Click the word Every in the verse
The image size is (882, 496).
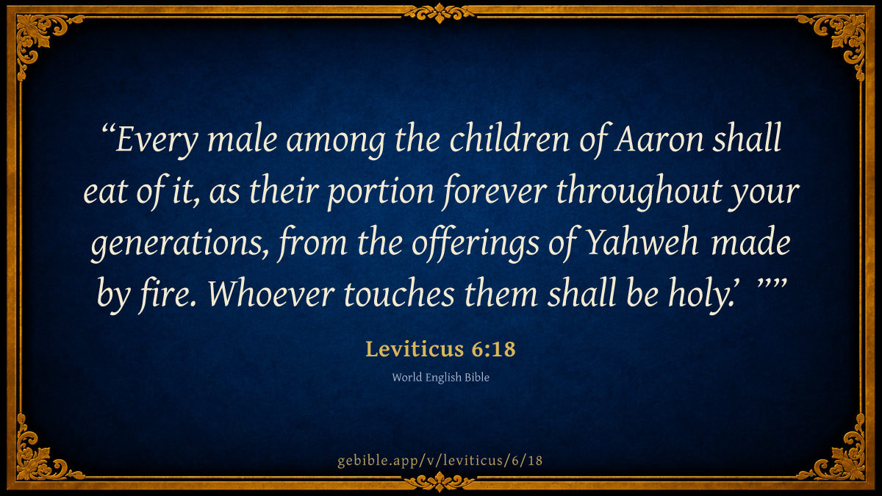157,141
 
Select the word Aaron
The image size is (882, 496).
659,140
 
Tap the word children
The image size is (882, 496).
509,138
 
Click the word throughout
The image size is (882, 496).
638,192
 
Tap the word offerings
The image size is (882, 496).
476,244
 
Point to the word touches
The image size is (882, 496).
399,295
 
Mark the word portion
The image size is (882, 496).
381,193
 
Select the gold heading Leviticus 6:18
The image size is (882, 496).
440,349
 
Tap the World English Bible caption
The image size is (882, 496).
440,378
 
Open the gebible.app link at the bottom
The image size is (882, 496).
440,461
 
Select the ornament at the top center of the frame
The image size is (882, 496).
440,13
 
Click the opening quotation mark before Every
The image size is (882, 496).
108,129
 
